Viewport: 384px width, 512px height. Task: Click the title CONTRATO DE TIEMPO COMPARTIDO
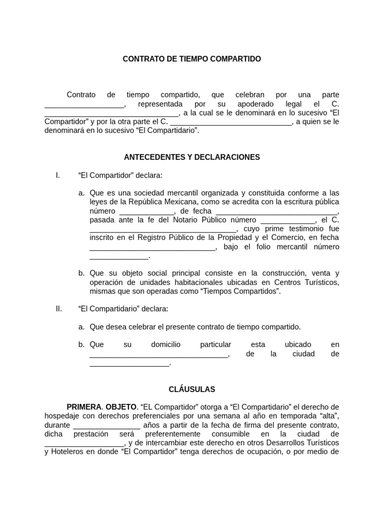coord(192,59)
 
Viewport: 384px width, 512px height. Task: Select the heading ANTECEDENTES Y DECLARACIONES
coord(192,157)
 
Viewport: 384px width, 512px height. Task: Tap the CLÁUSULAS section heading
coord(192,388)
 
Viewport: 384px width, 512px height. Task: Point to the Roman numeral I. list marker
coord(58,175)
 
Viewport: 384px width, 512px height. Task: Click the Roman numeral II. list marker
coord(58,309)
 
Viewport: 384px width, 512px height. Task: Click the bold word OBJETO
coord(120,407)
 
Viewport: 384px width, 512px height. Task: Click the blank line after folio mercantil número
coord(119,256)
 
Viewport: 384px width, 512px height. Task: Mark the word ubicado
coord(297,344)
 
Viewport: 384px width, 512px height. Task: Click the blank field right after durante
coord(106,425)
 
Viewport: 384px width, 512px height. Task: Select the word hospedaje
coord(63,416)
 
